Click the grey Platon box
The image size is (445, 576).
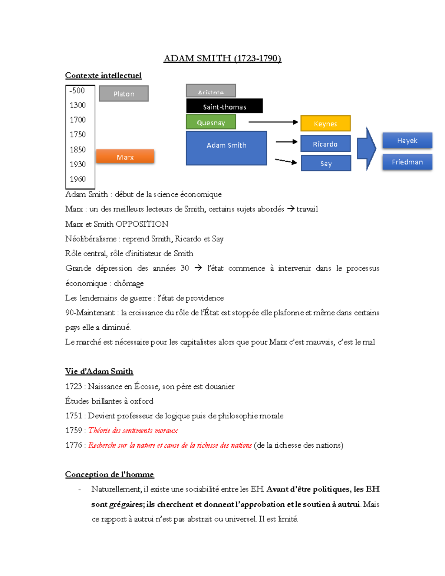click(x=124, y=93)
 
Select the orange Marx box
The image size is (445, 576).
click(x=125, y=157)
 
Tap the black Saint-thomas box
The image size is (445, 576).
click(x=224, y=106)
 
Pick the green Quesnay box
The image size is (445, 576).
click(x=211, y=122)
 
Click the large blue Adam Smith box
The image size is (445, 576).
click(x=226, y=148)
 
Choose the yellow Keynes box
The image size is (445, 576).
click(x=325, y=124)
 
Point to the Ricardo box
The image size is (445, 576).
click(x=325, y=144)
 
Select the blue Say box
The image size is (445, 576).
click(x=326, y=163)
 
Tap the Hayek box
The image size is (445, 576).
click(x=407, y=141)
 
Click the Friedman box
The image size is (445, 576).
click(x=407, y=162)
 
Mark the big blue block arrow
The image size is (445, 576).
click(x=366, y=148)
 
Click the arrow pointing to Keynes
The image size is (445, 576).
click(x=273, y=122)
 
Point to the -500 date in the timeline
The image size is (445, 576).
click(x=77, y=90)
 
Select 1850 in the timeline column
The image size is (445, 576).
click(x=78, y=149)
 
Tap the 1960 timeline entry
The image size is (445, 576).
click(x=78, y=179)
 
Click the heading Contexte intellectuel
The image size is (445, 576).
click(x=103, y=75)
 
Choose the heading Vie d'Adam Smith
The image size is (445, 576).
click(x=99, y=371)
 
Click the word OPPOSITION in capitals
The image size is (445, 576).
click(x=142, y=224)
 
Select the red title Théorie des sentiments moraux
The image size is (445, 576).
click(x=133, y=431)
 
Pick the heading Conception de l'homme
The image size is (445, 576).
click(x=109, y=474)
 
